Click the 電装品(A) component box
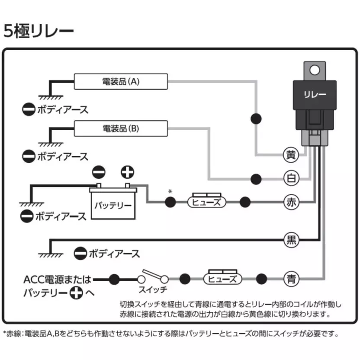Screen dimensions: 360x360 click(x=121, y=81)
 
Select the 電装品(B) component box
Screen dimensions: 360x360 click(x=121, y=129)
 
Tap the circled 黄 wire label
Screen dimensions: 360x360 click(x=291, y=155)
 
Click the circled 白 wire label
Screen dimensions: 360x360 click(x=291, y=178)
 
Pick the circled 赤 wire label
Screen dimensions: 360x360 click(x=291, y=202)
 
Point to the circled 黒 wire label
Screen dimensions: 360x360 click(x=291, y=240)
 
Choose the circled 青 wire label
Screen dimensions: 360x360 click(x=291, y=279)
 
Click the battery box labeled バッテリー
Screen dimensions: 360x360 click(x=113, y=203)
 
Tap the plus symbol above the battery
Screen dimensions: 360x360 click(x=127, y=172)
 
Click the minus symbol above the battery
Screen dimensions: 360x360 click(x=99, y=172)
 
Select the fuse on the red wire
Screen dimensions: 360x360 click(x=207, y=201)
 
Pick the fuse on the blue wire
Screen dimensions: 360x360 click(x=223, y=277)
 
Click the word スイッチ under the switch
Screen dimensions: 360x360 click(x=153, y=290)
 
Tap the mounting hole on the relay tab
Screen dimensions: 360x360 click(x=315, y=70)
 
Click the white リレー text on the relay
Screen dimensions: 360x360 click(x=315, y=94)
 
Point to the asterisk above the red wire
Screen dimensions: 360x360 click(x=170, y=191)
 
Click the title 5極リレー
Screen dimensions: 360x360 click(x=39, y=31)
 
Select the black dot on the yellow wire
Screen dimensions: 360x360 click(x=256, y=119)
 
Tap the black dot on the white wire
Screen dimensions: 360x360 click(x=256, y=179)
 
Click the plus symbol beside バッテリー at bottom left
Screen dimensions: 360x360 click(x=76, y=293)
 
